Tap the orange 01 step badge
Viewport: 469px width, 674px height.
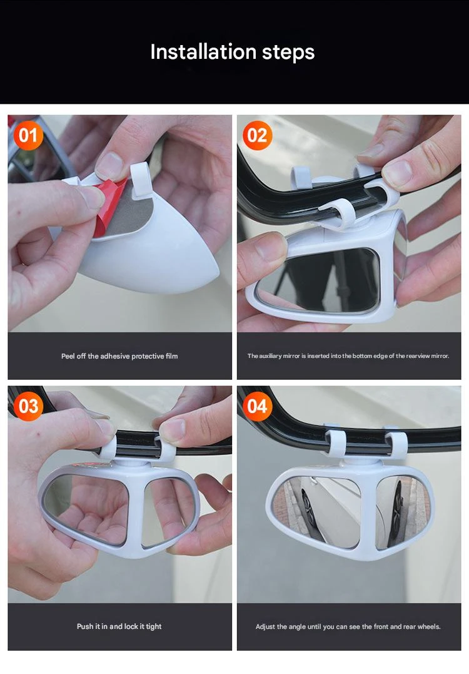[x=28, y=136]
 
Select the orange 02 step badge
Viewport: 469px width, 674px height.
[x=257, y=136]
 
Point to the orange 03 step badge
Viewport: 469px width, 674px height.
[x=28, y=406]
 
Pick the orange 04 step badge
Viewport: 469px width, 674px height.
[x=257, y=406]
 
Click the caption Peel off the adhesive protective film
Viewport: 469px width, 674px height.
[x=119, y=356]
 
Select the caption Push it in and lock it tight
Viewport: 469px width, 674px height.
[x=119, y=626]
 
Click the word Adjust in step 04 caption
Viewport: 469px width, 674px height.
[x=265, y=626]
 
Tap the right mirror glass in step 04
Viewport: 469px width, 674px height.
[x=401, y=511]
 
